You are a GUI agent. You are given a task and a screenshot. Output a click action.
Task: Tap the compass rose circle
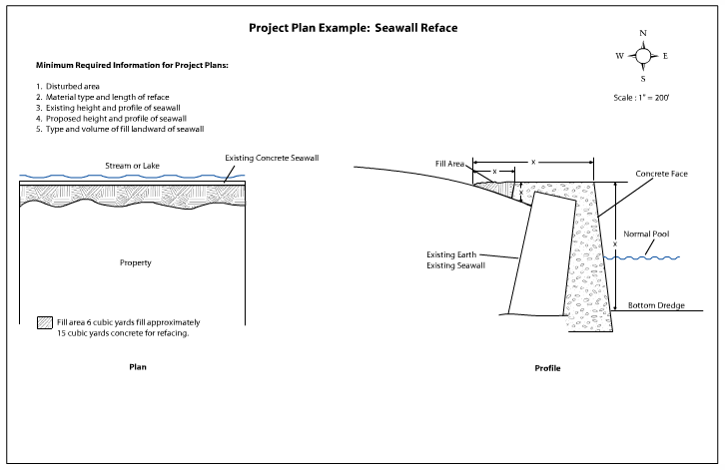pyautogui.click(x=643, y=56)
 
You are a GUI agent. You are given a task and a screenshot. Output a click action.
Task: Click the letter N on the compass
pyautogui.click(x=643, y=34)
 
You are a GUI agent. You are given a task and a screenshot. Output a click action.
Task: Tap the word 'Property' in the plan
pyautogui.click(x=135, y=262)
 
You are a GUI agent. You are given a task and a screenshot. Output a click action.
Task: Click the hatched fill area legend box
pyautogui.click(x=44, y=323)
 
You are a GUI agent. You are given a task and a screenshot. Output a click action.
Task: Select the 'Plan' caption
pyautogui.click(x=138, y=366)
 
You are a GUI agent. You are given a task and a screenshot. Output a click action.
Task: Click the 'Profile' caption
pyautogui.click(x=547, y=368)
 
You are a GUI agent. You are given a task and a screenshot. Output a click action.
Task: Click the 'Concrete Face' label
pyautogui.click(x=665, y=174)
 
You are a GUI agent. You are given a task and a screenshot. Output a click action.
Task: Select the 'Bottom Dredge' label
pyautogui.click(x=655, y=304)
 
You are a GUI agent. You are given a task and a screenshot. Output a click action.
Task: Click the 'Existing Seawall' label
pyautogui.click(x=458, y=266)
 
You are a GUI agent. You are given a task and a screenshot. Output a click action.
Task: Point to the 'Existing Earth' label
pyautogui.click(x=455, y=255)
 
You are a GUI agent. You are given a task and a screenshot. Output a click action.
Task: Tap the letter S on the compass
pyautogui.click(x=643, y=78)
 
